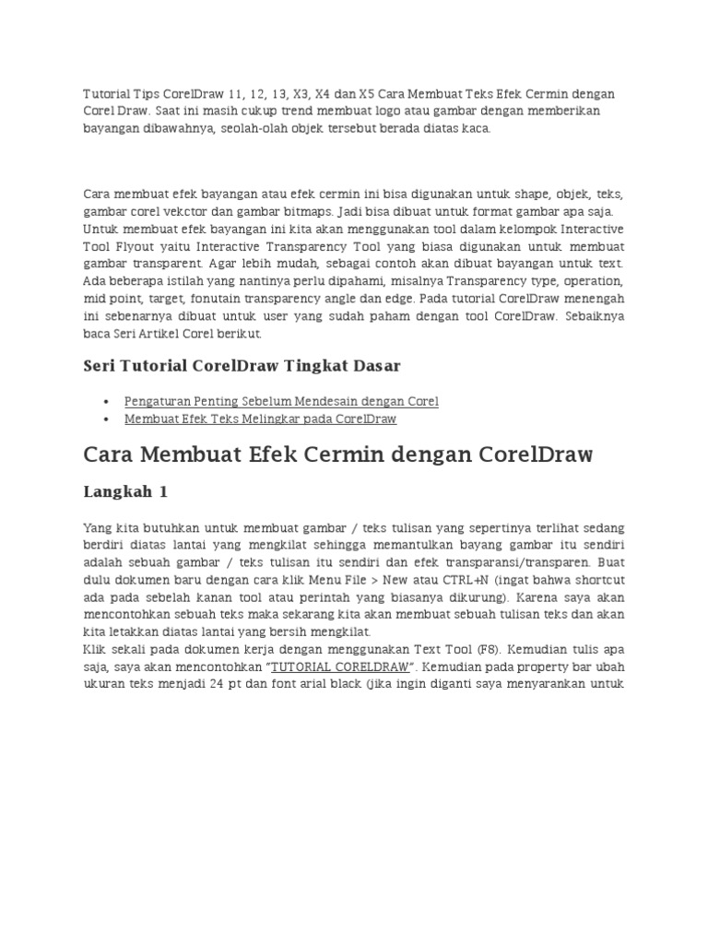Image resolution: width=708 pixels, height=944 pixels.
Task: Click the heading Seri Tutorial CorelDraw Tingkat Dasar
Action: (242, 366)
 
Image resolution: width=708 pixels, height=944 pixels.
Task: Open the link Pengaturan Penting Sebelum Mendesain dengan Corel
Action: (281, 401)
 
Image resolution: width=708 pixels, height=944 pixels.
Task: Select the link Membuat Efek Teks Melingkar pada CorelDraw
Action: (260, 419)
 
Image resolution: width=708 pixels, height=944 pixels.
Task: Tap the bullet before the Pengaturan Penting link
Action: (107, 402)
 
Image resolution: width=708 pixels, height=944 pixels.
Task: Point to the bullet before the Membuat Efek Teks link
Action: (107, 419)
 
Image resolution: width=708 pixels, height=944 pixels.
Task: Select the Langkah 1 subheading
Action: (125, 492)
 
